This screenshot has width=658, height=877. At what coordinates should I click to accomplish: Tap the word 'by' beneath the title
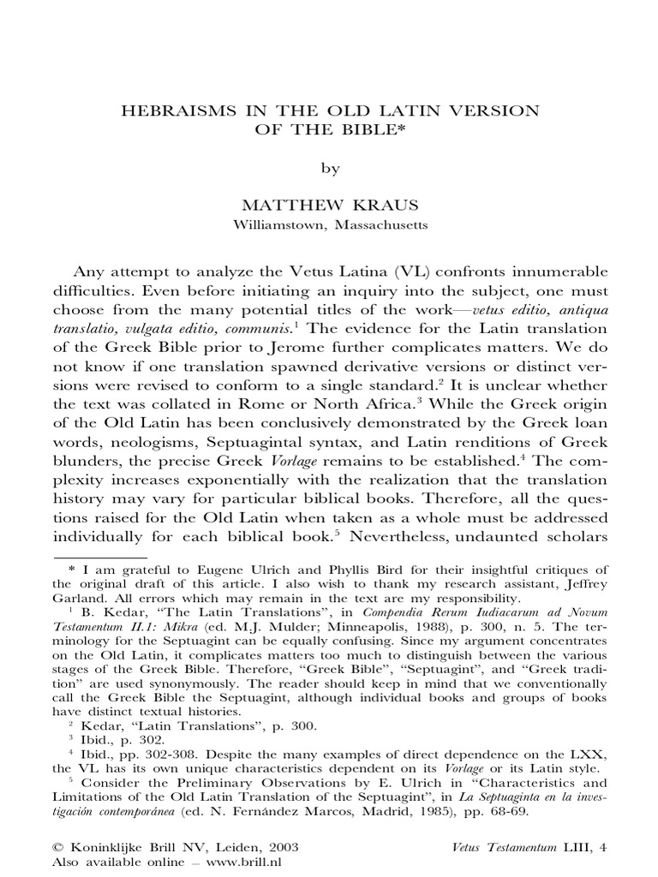pyautogui.click(x=330, y=169)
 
